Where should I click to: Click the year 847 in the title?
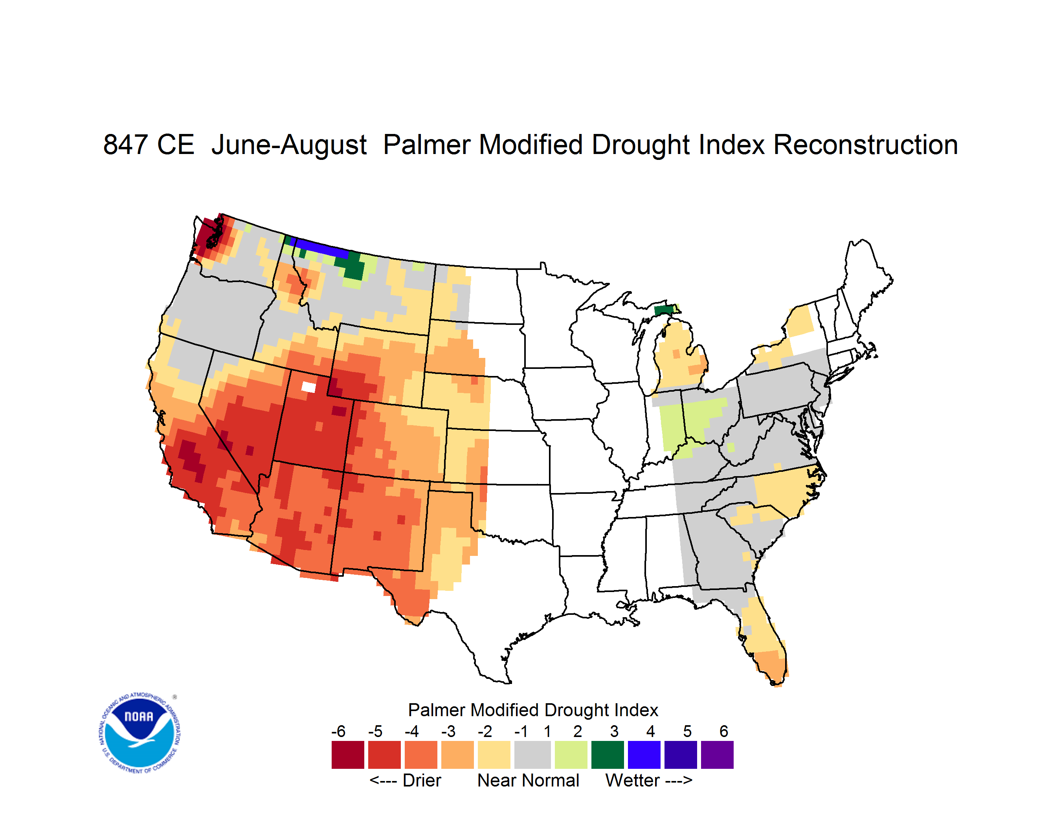coord(125,145)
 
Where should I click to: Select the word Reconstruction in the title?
coord(865,145)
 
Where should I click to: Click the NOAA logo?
coord(140,733)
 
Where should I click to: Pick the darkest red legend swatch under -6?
coord(348,755)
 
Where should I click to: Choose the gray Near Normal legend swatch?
coord(532,755)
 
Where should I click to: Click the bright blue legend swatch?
coord(644,755)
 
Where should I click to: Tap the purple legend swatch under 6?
coord(717,755)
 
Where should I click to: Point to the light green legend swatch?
coord(571,755)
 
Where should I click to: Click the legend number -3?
coord(448,731)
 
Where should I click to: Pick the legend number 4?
coord(651,731)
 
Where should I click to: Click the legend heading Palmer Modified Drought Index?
coord(533,710)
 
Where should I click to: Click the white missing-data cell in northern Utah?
coord(308,387)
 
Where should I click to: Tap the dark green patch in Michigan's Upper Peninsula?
coord(664,310)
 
